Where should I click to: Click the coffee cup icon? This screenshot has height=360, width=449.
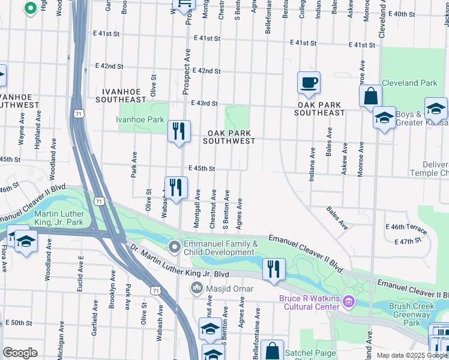309,83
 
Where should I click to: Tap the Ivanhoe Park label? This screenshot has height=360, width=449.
140,119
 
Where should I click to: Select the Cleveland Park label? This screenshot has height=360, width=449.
409,83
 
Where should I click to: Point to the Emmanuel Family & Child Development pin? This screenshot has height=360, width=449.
175,247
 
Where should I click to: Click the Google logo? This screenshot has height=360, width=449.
20,353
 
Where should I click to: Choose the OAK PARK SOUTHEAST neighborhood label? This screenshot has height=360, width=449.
320,109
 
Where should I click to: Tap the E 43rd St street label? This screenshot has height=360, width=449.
204,103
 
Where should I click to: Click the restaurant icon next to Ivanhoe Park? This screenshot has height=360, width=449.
178,132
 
